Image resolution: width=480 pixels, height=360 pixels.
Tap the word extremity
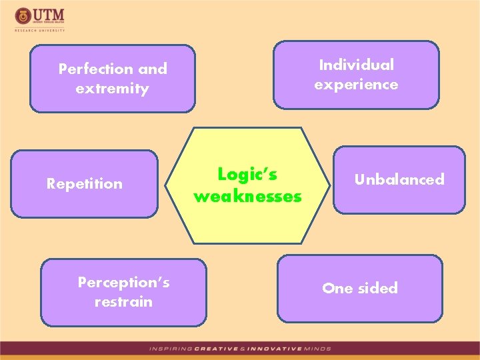[x=113, y=88]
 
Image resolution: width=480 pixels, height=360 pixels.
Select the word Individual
[x=356, y=65]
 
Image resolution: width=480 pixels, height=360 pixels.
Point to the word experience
[x=356, y=85]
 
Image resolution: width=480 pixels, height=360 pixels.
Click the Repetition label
[x=85, y=183]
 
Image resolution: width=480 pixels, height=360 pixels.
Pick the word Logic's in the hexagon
[x=247, y=174]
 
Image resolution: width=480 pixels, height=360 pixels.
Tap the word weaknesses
[x=247, y=197]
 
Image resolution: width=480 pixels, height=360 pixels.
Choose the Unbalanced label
[x=399, y=179]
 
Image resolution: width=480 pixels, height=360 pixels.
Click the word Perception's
[x=123, y=282]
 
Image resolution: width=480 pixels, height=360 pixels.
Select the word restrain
[x=123, y=301]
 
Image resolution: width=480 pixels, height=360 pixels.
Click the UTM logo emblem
[x=22, y=15]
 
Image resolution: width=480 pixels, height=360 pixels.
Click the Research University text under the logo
[x=40, y=29]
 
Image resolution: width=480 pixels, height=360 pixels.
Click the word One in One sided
[x=336, y=288]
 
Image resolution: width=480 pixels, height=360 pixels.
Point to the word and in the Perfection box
[x=153, y=69]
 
